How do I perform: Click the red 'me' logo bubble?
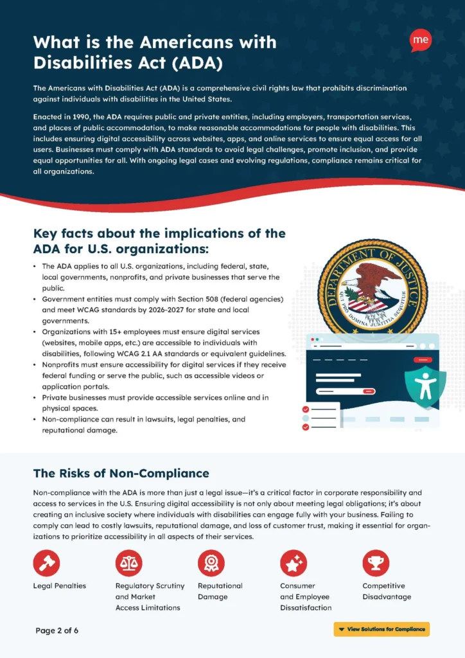pyautogui.click(x=421, y=40)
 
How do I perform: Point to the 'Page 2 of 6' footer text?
pyautogui.click(x=57, y=630)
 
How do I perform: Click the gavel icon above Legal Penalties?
pyautogui.click(x=46, y=563)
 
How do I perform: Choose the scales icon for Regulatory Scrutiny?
pyautogui.click(x=128, y=563)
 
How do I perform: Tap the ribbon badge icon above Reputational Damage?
pyautogui.click(x=211, y=563)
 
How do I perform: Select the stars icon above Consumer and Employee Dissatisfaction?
pyautogui.click(x=293, y=563)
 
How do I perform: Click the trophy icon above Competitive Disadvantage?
pyautogui.click(x=376, y=563)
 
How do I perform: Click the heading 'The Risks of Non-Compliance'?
pyautogui.click(x=121, y=474)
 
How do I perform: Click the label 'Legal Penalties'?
pyautogui.click(x=60, y=586)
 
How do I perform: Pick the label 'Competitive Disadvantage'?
pyautogui.click(x=387, y=591)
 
